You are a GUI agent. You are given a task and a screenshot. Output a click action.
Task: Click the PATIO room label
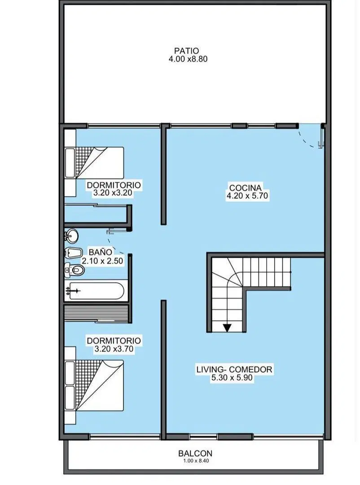(x=186, y=51)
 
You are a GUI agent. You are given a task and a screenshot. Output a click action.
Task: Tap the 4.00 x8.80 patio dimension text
(x=188, y=59)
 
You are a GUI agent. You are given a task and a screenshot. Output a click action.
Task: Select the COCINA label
(x=245, y=188)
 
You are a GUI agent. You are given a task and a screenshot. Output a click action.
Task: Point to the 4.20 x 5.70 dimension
(x=247, y=196)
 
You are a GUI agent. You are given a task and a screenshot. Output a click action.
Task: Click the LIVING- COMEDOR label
(x=234, y=369)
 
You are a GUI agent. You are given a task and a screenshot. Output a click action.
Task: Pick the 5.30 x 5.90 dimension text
(x=232, y=378)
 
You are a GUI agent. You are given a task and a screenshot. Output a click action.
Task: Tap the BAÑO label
(x=100, y=252)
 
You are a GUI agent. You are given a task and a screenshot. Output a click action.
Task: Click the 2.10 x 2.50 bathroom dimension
(x=102, y=261)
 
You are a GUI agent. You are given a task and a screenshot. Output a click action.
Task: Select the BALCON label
(x=195, y=454)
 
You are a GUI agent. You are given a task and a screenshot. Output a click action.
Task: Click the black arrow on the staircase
(x=227, y=327)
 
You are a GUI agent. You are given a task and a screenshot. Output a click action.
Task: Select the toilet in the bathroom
(x=75, y=270)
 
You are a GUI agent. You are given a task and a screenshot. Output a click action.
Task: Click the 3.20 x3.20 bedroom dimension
(x=113, y=193)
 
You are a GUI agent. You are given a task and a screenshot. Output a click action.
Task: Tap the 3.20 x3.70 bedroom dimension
(x=114, y=349)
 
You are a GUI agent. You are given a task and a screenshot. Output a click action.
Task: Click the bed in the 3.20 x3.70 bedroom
(x=94, y=385)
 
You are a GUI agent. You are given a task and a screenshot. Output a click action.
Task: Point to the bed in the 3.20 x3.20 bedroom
(x=94, y=163)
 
